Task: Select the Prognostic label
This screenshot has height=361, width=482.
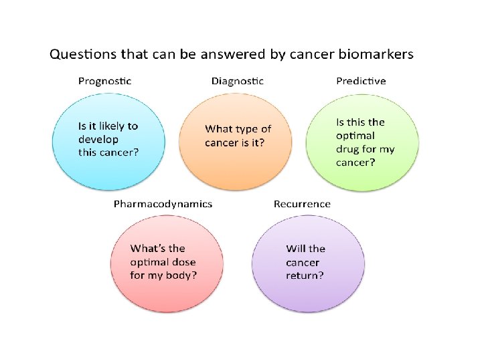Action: click(x=105, y=82)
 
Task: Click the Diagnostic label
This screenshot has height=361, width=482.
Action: click(x=238, y=82)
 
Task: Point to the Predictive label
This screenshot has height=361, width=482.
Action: click(x=361, y=82)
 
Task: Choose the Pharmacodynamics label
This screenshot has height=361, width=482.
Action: click(x=163, y=204)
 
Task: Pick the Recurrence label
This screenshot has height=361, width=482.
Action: click(x=302, y=204)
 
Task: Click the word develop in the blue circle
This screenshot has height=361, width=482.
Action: click(x=98, y=139)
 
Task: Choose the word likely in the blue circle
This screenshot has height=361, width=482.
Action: click(x=113, y=126)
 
